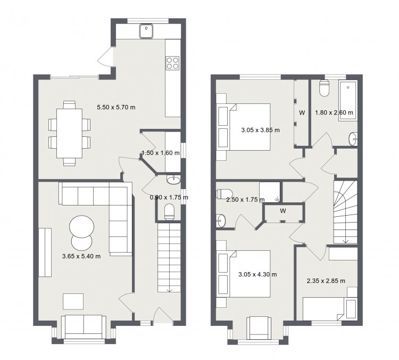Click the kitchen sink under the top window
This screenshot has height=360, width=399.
tap(146, 31)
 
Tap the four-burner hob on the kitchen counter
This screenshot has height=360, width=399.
tap(172, 63)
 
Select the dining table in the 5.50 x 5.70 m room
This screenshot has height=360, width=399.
tap(70, 133)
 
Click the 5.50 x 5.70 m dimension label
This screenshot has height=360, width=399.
tap(116, 107)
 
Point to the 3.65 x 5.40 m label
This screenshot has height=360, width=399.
tap(81, 256)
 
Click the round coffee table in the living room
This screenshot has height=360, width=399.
tap(81, 226)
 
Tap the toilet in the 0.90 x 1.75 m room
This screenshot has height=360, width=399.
tap(169, 212)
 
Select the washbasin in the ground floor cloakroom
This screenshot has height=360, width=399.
tap(174, 179)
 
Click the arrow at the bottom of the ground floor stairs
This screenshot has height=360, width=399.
tap(169, 290)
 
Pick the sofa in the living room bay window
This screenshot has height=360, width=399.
tap(84, 327)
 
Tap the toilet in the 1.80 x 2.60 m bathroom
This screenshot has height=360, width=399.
tap(324, 88)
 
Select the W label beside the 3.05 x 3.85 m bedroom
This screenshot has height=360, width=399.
tap(302, 112)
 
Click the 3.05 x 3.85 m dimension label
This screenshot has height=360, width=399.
tap(260, 130)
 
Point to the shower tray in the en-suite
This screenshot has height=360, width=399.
tap(270, 192)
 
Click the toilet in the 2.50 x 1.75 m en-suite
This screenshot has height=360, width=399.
tap(225, 194)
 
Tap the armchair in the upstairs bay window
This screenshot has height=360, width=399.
tap(259, 328)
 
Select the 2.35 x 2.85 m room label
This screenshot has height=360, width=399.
tap(326, 281)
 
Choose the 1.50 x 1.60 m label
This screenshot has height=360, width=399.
tap(161, 153)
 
